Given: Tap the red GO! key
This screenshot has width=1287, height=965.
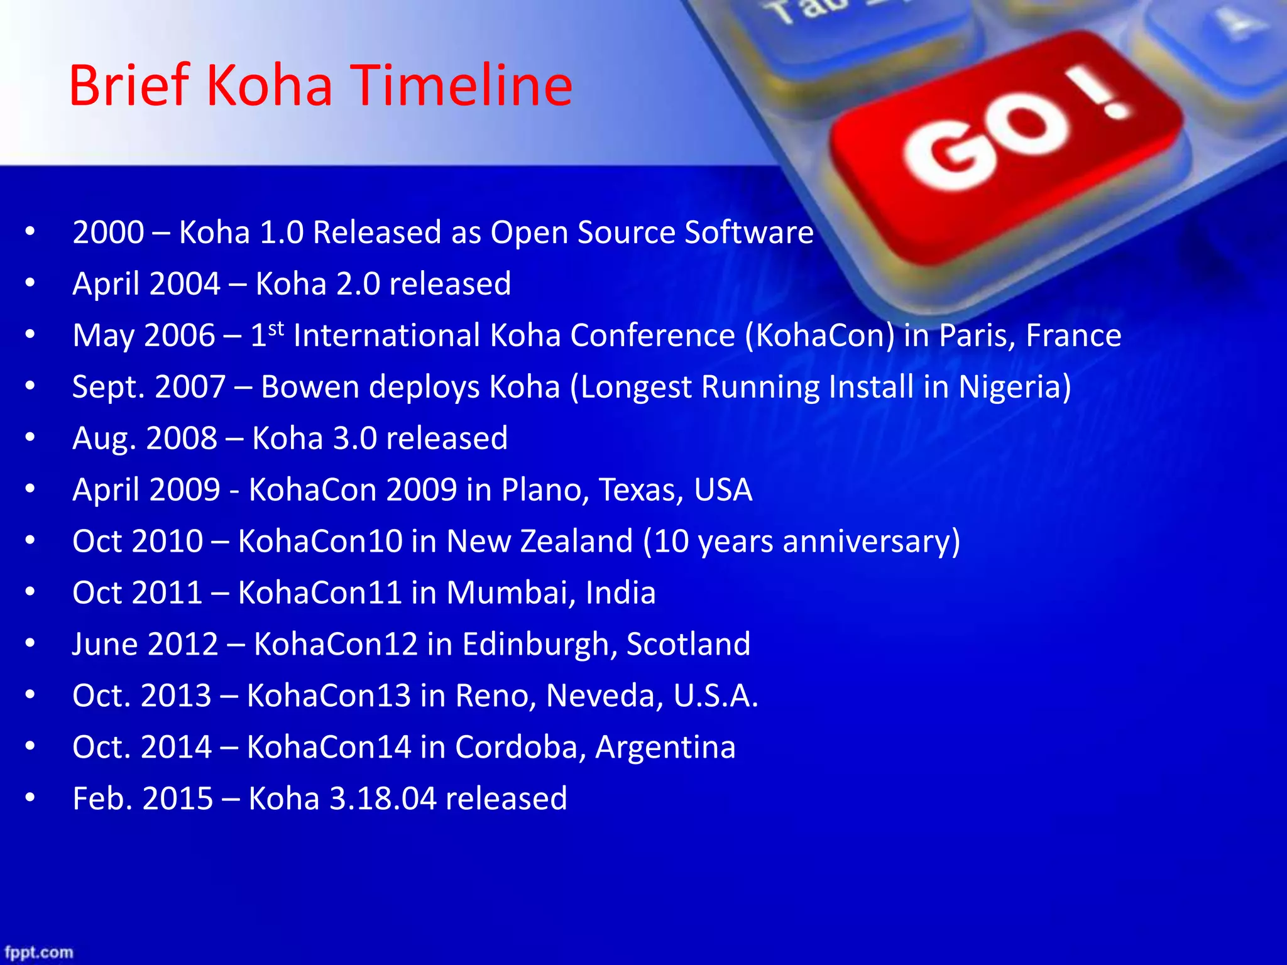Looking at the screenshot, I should (1005, 144).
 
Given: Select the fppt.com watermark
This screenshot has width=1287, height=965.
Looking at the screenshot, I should (39, 952).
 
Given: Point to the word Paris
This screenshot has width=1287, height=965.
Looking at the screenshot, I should (975, 335).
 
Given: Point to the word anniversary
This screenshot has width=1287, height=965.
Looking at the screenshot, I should (865, 541).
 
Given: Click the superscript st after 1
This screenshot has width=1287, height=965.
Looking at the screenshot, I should (276, 329).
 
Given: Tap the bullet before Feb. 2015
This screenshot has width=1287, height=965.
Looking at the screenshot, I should (30, 797).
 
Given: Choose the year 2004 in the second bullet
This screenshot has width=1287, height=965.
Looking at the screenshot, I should (185, 284).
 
